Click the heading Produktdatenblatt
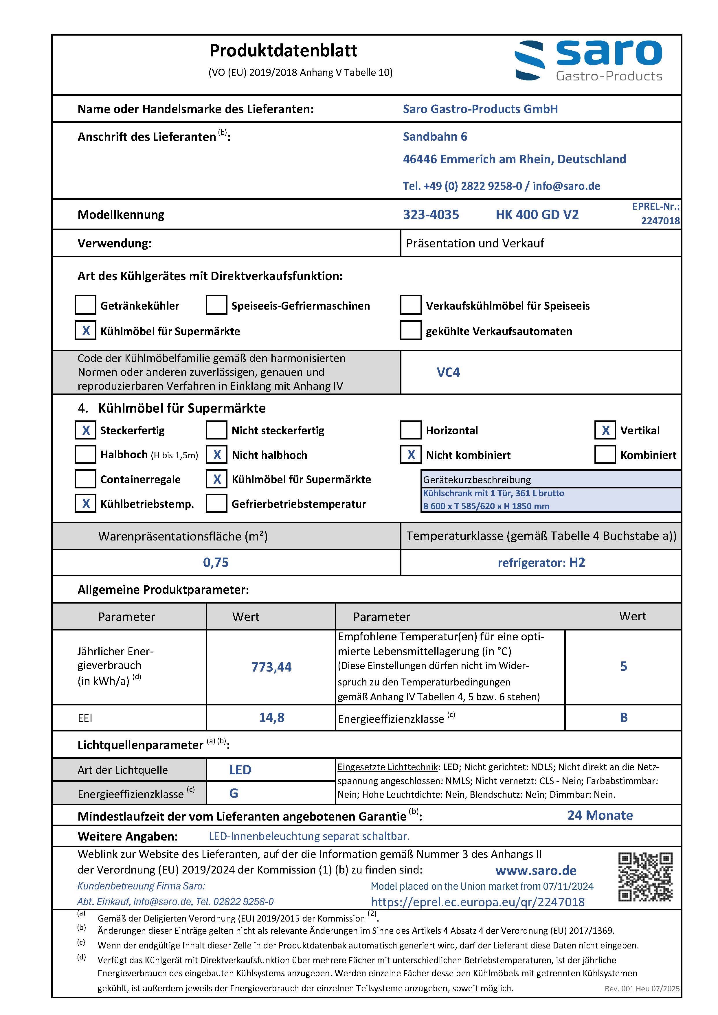coord(283,51)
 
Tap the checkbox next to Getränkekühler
coord(85,305)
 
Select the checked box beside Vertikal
coord(605,430)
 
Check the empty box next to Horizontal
coord(410,430)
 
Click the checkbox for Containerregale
coord(85,479)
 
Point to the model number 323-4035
coord(431,215)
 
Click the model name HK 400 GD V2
coord(537,215)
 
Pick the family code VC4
coord(448,372)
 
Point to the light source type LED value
coord(240,770)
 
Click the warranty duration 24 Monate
coord(600,815)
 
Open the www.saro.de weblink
coord(536,870)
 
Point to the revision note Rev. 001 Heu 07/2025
coord(642,988)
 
